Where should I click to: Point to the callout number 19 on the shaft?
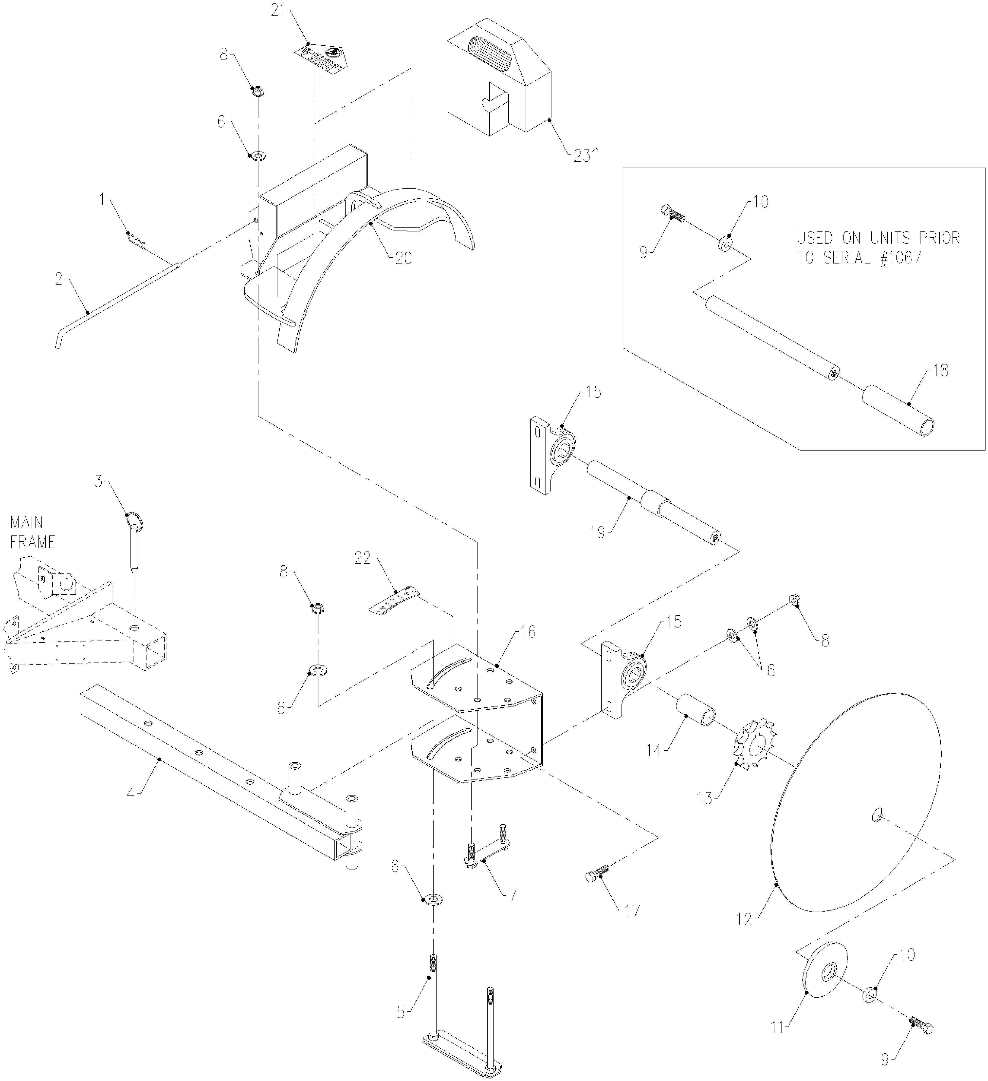click(x=597, y=532)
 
